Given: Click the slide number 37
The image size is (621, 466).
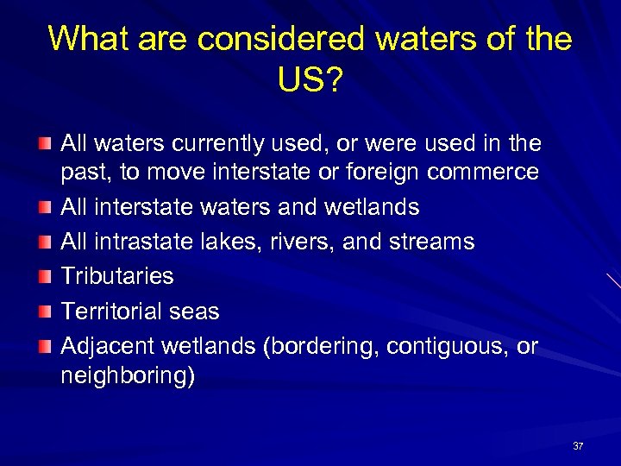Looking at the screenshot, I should [578, 446].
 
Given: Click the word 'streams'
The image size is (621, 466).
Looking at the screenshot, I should [431, 242].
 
